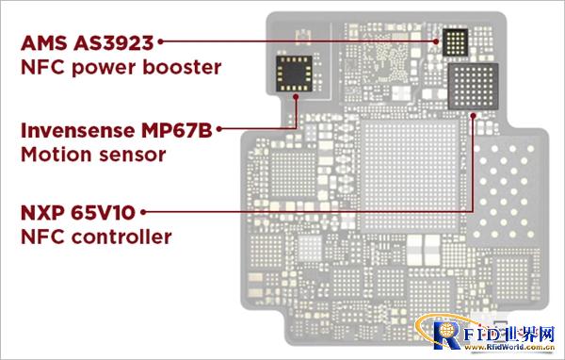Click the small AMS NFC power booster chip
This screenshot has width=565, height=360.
[456, 41]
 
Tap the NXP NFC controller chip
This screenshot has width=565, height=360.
[472, 86]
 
